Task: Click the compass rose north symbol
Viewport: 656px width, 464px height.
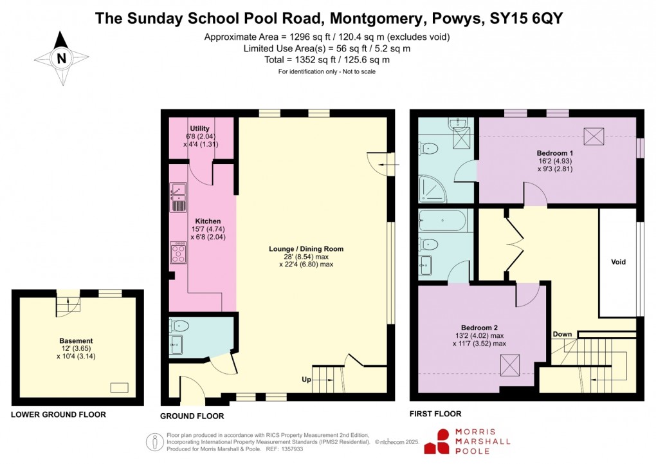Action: tap(62, 58)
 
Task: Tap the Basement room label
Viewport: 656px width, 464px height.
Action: tap(76, 341)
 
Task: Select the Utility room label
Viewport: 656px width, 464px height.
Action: tap(200, 129)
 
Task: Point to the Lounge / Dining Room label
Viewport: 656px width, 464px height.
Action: tap(306, 248)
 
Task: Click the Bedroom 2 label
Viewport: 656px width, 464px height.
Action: tap(479, 326)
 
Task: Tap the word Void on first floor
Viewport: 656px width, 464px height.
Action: tap(618, 262)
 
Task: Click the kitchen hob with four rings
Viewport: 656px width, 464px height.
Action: tap(178, 252)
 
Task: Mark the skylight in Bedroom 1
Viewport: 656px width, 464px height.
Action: tap(593, 136)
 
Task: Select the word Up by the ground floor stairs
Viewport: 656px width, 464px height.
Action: tap(307, 380)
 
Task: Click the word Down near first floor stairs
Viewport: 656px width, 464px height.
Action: tap(562, 335)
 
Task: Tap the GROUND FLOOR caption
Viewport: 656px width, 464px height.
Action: tap(192, 416)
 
